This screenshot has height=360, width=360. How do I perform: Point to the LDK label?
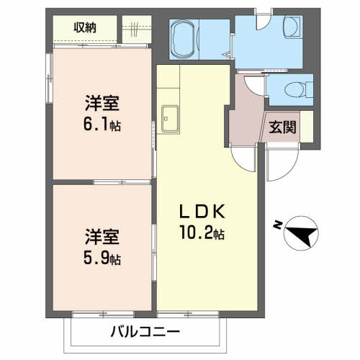[x=203, y=212]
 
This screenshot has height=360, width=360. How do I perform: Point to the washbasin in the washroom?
[x=293, y=30]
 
